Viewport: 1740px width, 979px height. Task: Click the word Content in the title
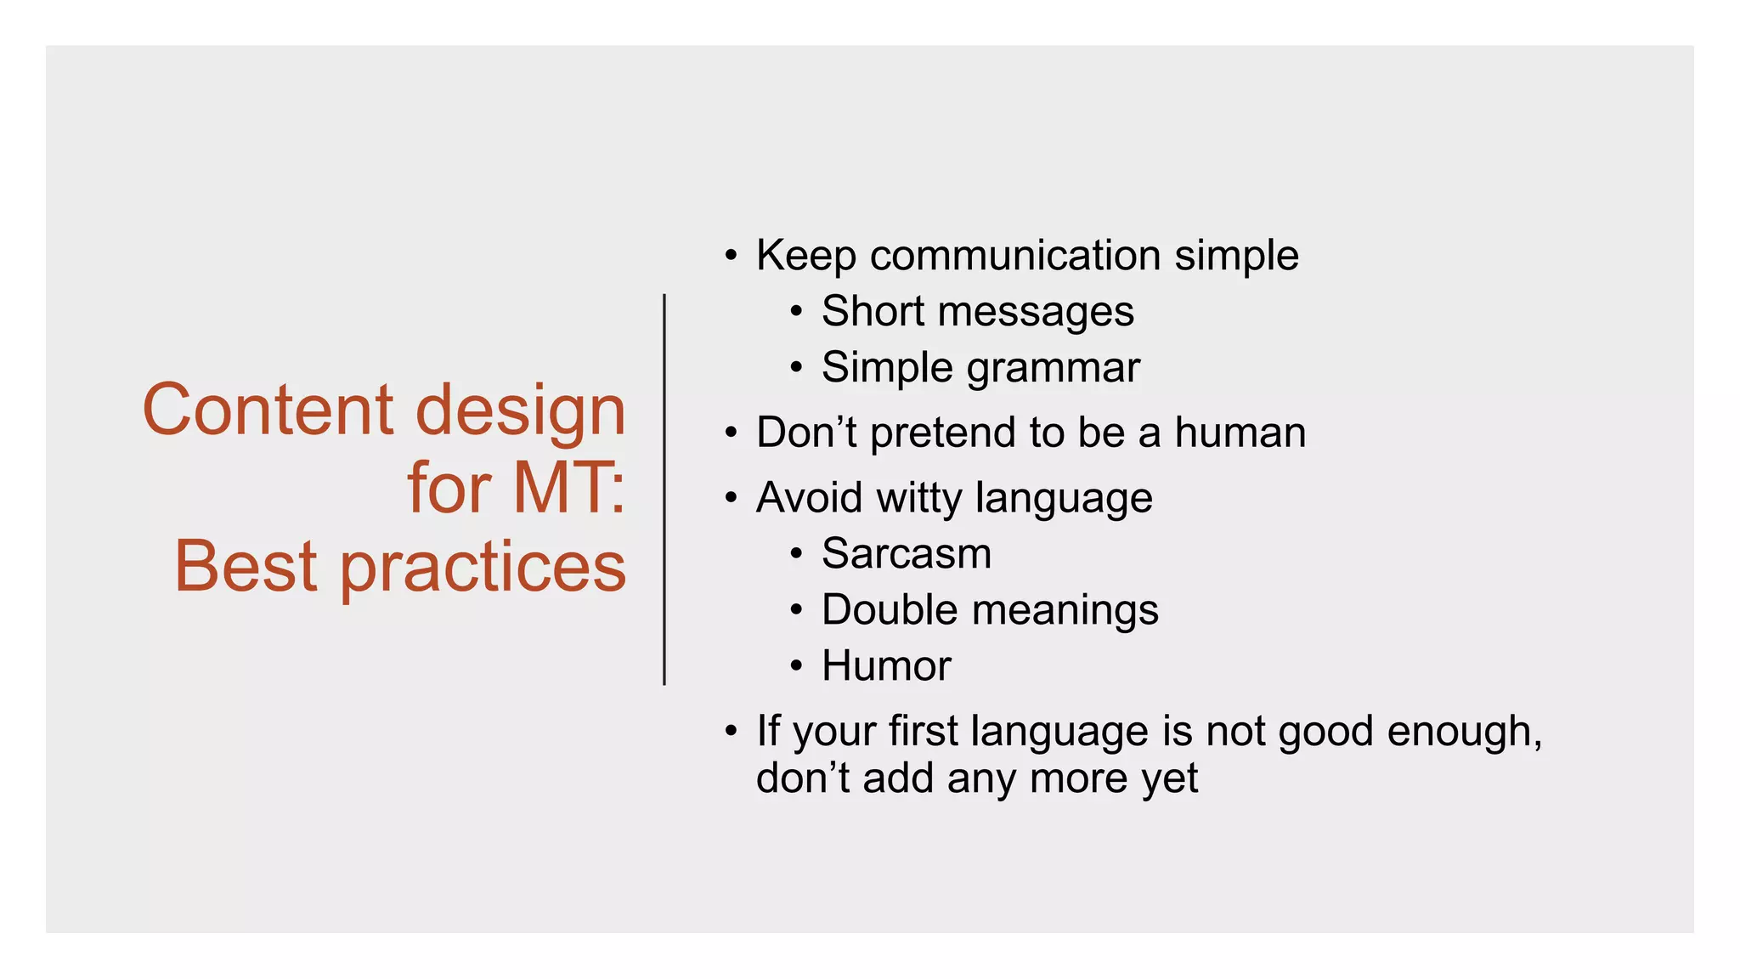[x=268, y=410]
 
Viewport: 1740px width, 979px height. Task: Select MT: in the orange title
[x=568, y=489]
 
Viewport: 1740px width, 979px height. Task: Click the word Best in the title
[x=246, y=567]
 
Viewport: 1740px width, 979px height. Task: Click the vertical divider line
[x=664, y=489]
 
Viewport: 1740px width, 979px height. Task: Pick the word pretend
[x=942, y=433]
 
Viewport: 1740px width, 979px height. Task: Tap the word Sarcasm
[x=906, y=554]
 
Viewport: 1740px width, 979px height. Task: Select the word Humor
[x=885, y=666]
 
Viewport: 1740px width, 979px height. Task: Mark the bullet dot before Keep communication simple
[x=731, y=256]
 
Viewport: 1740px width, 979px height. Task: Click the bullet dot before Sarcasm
[x=795, y=554]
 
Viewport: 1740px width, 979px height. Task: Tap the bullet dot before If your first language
[x=731, y=732]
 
